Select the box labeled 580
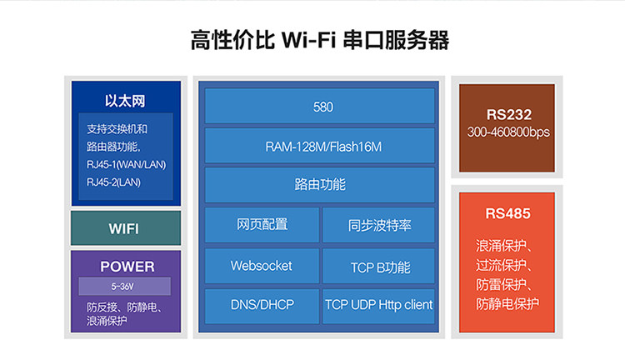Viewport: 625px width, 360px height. (x=320, y=107)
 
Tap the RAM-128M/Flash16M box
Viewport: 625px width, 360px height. (x=320, y=146)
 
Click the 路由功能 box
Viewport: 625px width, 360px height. (x=320, y=184)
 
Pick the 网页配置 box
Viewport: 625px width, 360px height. (x=262, y=224)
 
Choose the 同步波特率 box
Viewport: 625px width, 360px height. (x=379, y=225)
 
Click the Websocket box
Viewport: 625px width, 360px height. (x=262, y=266)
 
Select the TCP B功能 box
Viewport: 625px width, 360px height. (x=379, y=267)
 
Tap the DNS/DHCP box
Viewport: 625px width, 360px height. (x=262, y=305)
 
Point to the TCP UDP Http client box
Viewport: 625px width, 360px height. (x=379, y=305)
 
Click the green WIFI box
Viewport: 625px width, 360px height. (x=124, y=228)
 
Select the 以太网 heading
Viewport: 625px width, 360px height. (x=125, y=101)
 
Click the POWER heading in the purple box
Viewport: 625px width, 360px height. (x=127, y=267)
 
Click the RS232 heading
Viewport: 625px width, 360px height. (x=508, y=115)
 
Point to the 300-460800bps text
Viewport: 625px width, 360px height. (x=508, y=132)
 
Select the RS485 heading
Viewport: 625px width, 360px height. (x=508, y=214)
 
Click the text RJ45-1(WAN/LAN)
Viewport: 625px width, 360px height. (x=127, y=164)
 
